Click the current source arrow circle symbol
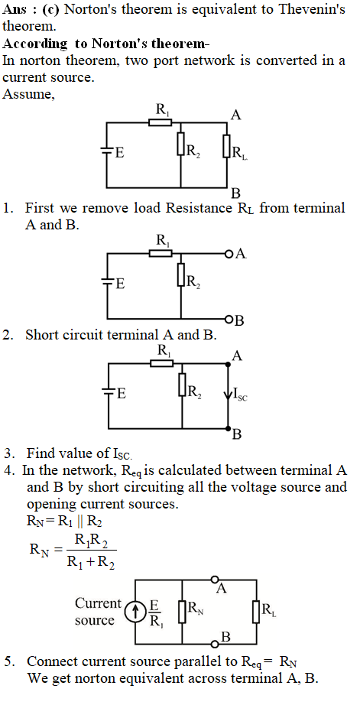[x=134, y=612]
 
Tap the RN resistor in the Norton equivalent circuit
[x=182, y=612]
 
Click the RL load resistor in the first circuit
[x=227, y=146]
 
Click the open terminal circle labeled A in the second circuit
[x=228, y=255]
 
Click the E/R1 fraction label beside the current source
[x=154, y=613]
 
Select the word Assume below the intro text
[x=29, y=94]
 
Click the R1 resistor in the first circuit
[x=160, y=122]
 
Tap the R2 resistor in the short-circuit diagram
[x=182, y=385]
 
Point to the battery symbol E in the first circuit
[x=106, y=152]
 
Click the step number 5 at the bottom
[x=8, y=662]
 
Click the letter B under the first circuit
[x=235, y=193]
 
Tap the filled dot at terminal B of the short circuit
[x=228, y=428]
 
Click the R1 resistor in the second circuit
[x=161, y=254]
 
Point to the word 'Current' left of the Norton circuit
[x=98, y=603]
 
